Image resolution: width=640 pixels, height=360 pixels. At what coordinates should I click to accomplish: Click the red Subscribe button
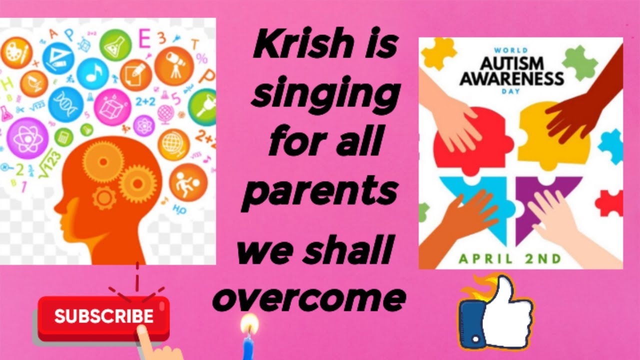[x=103, y=316]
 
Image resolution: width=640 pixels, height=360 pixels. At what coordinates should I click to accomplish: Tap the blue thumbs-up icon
[x=495, y=312]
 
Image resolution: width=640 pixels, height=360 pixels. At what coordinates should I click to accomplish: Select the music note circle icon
[x=92, y=73]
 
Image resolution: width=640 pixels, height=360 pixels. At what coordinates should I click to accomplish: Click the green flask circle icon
[x=115, y=45]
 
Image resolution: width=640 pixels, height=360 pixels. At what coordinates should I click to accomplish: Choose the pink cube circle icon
[x=112, y=106]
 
